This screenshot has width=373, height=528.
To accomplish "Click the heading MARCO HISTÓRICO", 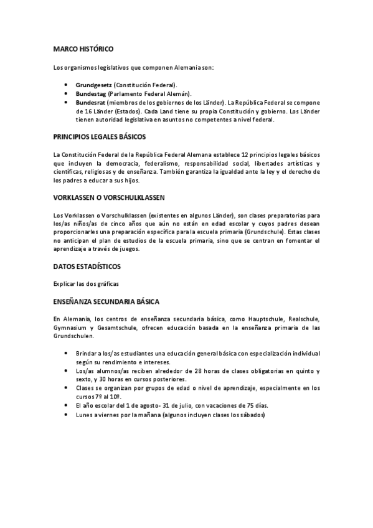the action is [83, 48].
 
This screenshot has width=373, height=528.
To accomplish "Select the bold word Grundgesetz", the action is [93, 85].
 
